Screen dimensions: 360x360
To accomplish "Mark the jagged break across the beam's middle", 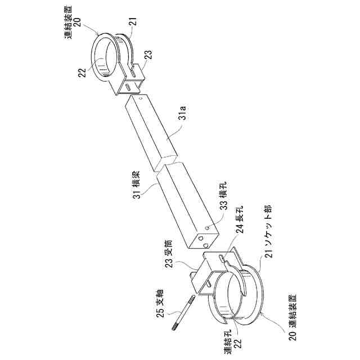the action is (166, 164).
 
